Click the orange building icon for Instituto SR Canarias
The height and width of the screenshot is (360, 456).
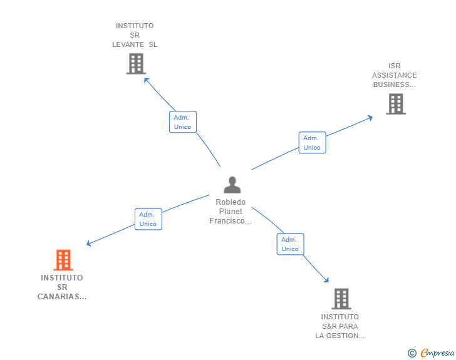tap(63, 260)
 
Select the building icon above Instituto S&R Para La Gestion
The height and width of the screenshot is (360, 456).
tap(341, 299)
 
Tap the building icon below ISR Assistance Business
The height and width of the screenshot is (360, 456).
tap(395, 104)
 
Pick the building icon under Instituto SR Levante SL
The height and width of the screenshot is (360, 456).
tap(135, 63)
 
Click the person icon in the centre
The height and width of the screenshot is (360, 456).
tap(232, 185)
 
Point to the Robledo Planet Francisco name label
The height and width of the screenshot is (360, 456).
tap(231, 212)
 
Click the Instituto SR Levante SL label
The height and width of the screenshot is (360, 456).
tap(135, 35)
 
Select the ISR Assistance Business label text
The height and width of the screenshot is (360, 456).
tap(394, 75)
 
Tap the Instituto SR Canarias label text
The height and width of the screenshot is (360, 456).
tap(62, 287)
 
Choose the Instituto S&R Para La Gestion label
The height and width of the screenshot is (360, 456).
tap(340, 326)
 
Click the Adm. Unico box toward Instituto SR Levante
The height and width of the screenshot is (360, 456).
tap(183, 122)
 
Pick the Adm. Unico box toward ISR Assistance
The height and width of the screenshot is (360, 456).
tap(312, 143)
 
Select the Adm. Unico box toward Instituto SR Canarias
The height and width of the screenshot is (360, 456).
tap(148, 219)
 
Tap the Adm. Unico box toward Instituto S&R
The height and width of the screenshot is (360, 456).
tap(290, 244)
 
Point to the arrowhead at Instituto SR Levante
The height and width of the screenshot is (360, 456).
tap(146, 79)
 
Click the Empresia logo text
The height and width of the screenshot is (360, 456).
tap(437, 353)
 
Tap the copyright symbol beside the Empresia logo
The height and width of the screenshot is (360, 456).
tap(412, 353)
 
